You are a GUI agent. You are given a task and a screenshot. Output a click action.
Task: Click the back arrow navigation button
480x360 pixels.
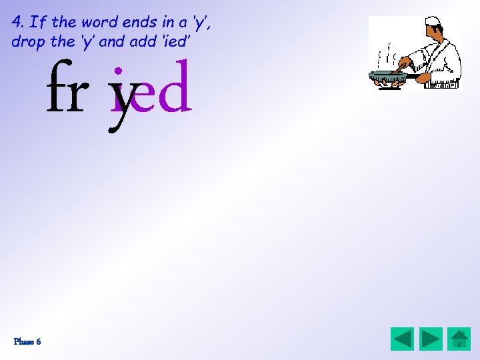tap(402, 339)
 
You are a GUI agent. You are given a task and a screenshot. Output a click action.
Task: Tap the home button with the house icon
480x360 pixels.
tap(459, 339)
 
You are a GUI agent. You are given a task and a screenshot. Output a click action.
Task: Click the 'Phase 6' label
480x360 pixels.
tap(27, 341)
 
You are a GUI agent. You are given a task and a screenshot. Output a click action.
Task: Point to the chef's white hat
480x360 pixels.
tap(433, 22)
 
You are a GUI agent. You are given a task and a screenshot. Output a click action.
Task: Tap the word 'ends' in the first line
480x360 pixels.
tap(138, 21)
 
